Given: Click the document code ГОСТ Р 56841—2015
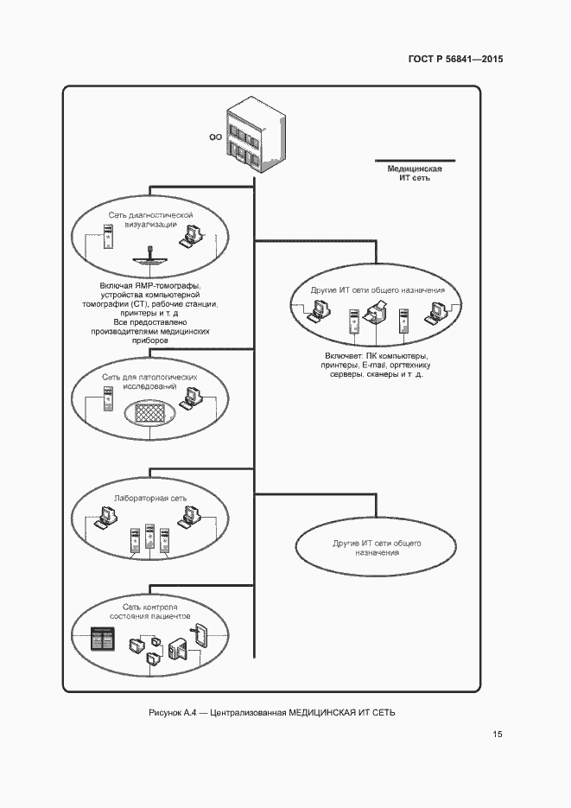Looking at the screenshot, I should (455, 60).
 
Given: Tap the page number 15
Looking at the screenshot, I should (497, 735).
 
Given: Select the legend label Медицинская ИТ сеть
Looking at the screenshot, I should (409, 173).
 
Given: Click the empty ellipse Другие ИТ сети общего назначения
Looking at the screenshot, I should (377, 547).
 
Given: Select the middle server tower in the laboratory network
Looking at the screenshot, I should (150, 538).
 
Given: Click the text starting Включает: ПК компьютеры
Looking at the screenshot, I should (375, 365).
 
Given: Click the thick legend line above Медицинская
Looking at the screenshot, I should (409, 160).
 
